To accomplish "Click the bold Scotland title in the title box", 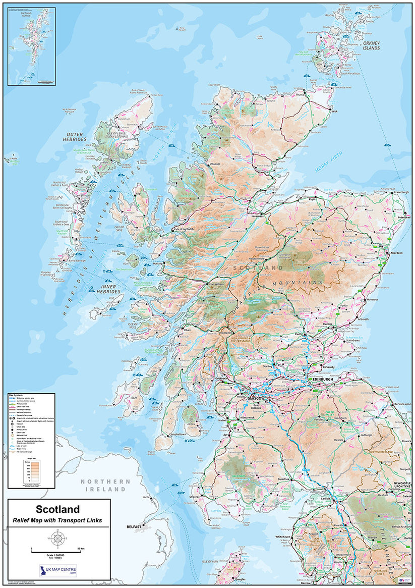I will point(57,510).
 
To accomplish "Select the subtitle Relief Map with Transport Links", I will point(57,520).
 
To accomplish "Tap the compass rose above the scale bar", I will point(57,538).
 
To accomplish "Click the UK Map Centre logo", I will point(57,570).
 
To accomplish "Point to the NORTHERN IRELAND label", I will point(105,486).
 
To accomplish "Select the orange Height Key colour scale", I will point(31,472).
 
